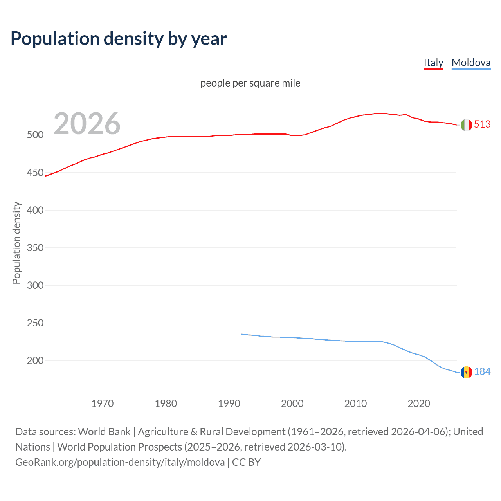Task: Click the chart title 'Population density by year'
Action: point(119,39)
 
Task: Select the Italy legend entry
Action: point(433,63)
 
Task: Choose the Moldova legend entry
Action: point(471,63)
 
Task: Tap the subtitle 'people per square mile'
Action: point(250,83)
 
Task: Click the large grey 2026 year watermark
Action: point(87,124)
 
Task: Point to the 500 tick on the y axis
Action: point(35,135)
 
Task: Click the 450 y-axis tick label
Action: point(35,173)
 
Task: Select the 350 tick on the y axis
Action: point(35,248)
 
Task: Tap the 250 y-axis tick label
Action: point(35,323)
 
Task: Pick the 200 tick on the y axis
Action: point(35,360)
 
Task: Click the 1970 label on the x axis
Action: point(103,404)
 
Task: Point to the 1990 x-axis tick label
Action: point(229,404)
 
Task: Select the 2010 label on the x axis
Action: point(355,404)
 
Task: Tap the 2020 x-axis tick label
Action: point(419,404)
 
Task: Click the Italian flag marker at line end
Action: point(466,125)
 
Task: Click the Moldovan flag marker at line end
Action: point(466,372)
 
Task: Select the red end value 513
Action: point(482,124)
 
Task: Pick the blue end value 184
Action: point(482,372)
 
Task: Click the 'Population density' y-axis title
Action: point(16,243)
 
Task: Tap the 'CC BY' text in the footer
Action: point(246,462)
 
